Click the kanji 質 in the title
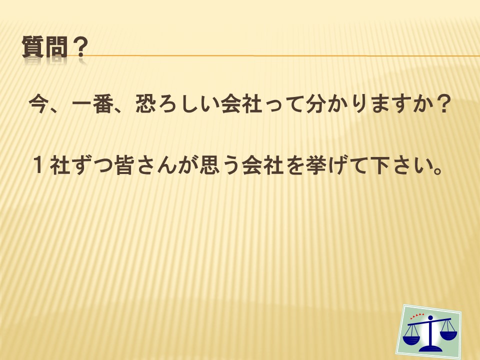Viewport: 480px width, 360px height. tap(32, 47)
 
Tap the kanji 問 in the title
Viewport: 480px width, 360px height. tap(55, 47)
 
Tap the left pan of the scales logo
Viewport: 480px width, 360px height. tap(411, 339)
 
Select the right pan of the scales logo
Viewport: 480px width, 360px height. tap(448, 335)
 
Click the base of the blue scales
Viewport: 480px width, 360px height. tap(430, 348)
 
